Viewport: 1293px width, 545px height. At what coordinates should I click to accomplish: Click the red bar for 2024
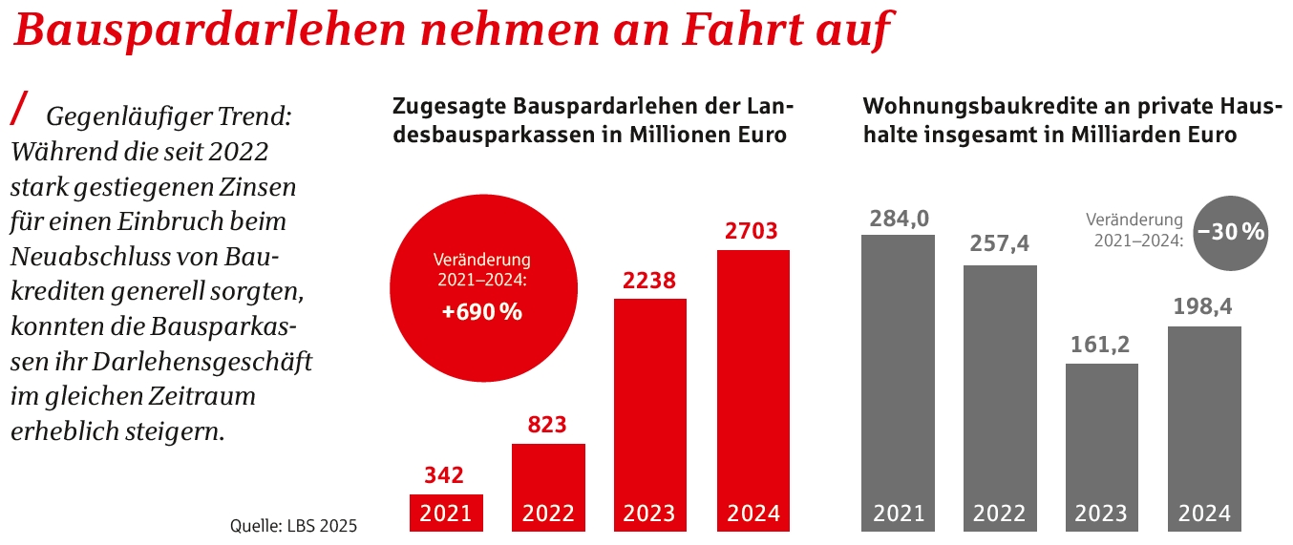coord(753,382)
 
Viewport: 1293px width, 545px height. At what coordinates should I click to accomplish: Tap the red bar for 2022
coord(548,477)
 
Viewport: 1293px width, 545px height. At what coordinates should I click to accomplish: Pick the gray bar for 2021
coord(898,372)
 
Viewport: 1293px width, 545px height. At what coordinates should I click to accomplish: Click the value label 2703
coord(752,231)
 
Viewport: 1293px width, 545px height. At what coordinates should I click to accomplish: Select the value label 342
coord(446,474)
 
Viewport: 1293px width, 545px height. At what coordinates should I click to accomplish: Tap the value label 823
coord(548,425)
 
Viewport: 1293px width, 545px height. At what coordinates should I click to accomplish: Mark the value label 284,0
coord(899,218)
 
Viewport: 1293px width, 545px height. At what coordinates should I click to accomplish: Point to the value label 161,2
coord(1101,345)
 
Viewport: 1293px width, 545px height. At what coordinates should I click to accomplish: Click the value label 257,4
coord(999,244)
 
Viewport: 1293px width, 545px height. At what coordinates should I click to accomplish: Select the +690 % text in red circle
coord(482,311)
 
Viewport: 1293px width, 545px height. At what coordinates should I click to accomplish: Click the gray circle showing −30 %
coord(1231,231)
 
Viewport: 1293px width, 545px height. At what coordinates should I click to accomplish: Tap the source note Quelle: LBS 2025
coord(293,525)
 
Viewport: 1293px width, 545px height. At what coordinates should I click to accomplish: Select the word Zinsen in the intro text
coord(260,186)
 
